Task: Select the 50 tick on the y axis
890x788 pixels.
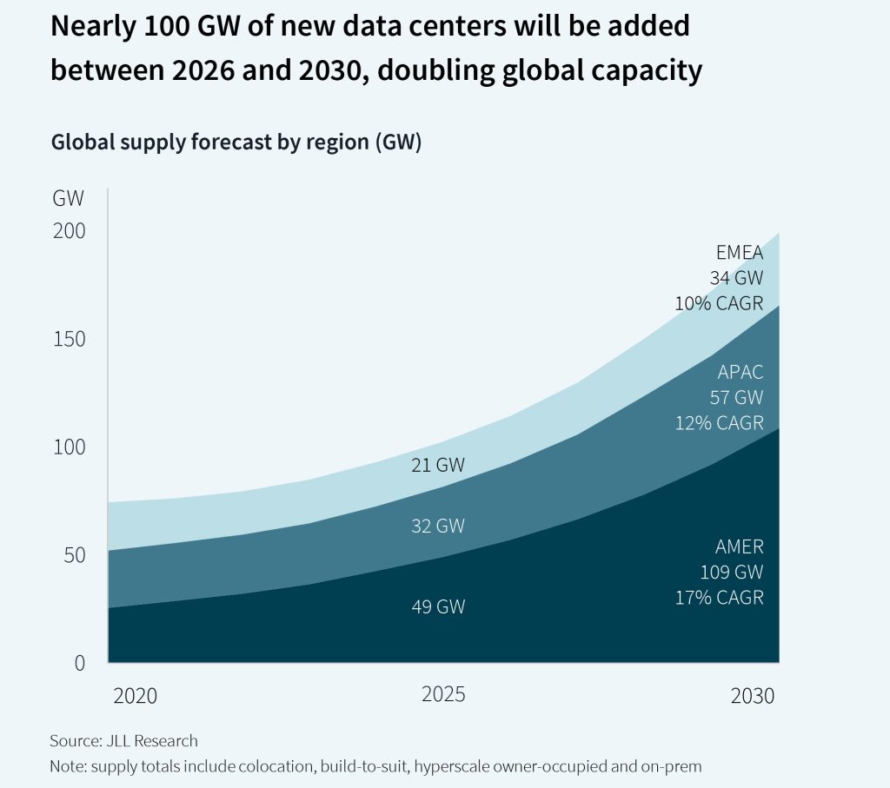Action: tap(73, 555)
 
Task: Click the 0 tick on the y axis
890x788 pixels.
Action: tap(79, 662)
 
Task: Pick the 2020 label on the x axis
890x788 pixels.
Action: tap(136, 696)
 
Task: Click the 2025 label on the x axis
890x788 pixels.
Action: tap(443, 695)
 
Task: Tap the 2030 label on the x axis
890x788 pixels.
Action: tap(752, 696)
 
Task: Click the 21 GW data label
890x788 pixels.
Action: tap(438, 466)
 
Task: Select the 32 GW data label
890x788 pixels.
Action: tap(438, 526)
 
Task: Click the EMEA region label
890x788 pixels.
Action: tap(740, 254)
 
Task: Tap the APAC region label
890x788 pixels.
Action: tap(741, 374)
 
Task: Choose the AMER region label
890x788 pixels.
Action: tap(740, 547)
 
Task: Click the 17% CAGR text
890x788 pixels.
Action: tap(720, 598)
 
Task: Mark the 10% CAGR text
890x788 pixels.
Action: tap(720, 304)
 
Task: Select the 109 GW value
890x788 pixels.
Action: tap(732, 573)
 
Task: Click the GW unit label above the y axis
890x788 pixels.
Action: tap(68, 198)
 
